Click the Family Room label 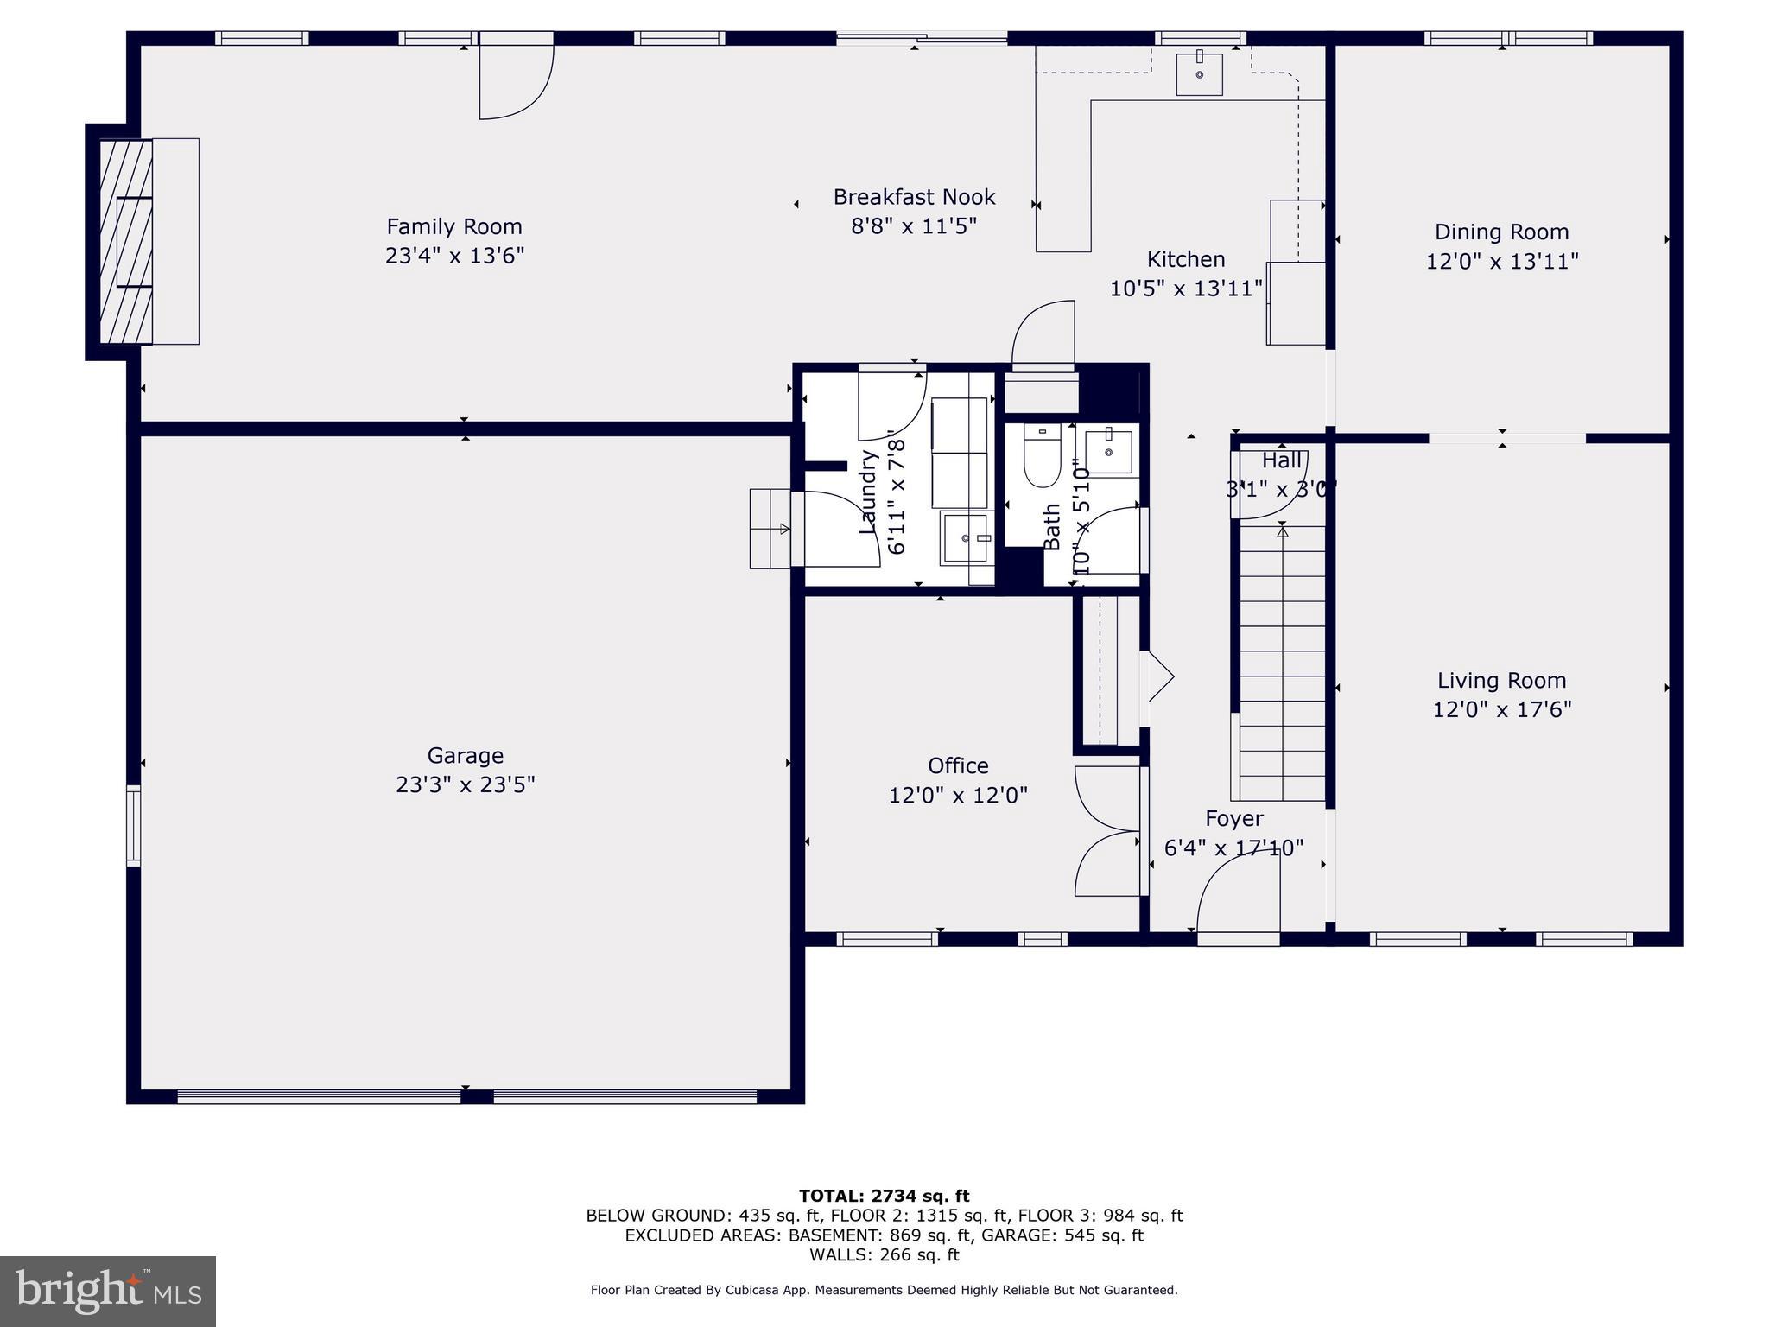[x=454, y=226]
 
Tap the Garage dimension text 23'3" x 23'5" [x=465, y=784]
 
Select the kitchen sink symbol [x=1200, y=74]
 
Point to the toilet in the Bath [x=1042, y=458]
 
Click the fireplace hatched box [x=126, y=241]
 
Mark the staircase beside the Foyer [x=1282, y=665]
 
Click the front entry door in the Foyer [x=1238, y=898]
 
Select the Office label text [x=958, y=765]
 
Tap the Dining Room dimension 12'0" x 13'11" [x=1502, y=261]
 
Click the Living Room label [x=1501, y=680]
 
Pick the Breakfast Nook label [x=914, y=197]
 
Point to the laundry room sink [x=967, y=537]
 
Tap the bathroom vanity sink [x=1108, y=450]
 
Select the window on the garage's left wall [x=133, y=824]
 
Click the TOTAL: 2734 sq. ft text [x=884, y=1196]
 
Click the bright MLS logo [x=108, y=1291]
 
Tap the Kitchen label [x=1185, y=259]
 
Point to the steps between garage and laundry [x=770, y=529]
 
